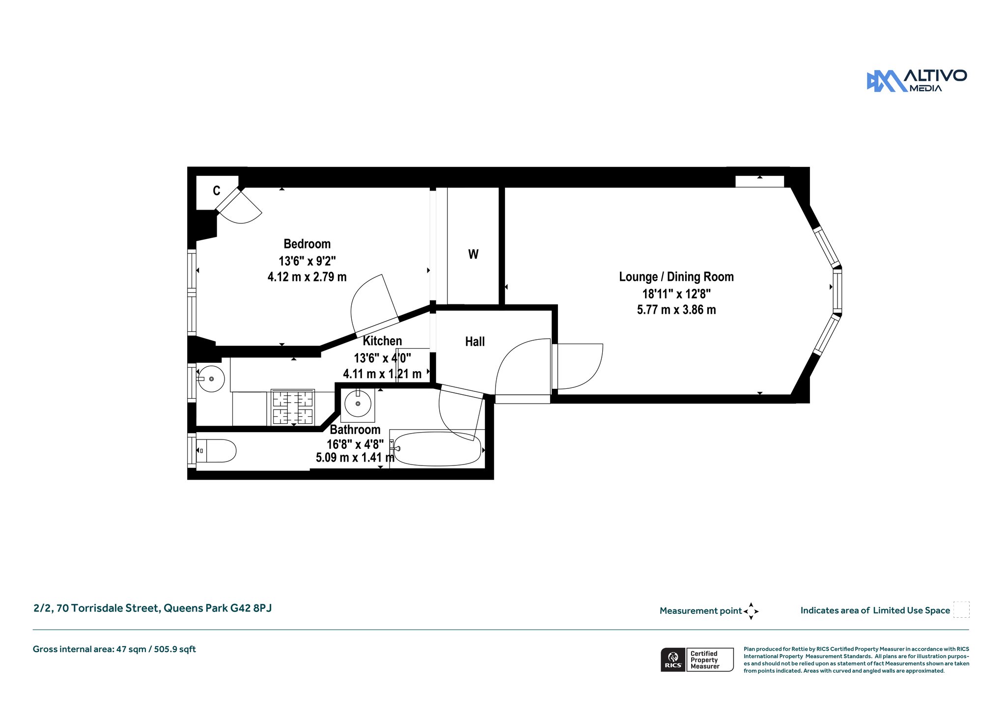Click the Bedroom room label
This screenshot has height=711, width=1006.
click(x=307, y=244)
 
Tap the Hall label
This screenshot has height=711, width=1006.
click(x=475, y=342)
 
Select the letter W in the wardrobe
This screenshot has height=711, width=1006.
click(x=473, y=254)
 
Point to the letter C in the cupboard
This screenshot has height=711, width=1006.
click(x=217, y=191)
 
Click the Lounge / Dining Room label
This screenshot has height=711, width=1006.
click(x=676, y=277)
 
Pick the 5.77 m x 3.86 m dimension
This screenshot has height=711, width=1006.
click(x=676, y=310)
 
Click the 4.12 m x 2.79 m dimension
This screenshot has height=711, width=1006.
click(x=307, y=277)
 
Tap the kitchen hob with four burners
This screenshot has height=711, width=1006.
click(x=293, y=408)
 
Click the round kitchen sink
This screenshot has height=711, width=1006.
click(x=211, y=379)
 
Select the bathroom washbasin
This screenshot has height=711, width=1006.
click(x=358, y=404)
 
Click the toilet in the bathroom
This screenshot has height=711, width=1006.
click(x=216, y=451)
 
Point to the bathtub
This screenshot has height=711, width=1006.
click(x=437, y=449)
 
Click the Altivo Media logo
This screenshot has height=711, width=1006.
click(x=917, y=81)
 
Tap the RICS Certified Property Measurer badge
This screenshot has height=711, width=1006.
click(x=697, y=659)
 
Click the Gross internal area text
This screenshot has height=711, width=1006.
click(x=114, y=649)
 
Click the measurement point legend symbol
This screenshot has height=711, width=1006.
click(x=751, y=611)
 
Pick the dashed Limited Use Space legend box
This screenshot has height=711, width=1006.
click(x=961, y=609)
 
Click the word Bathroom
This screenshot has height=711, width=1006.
click(x=355, y=430)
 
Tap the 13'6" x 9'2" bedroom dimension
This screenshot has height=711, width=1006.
click(x=307, y=261)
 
